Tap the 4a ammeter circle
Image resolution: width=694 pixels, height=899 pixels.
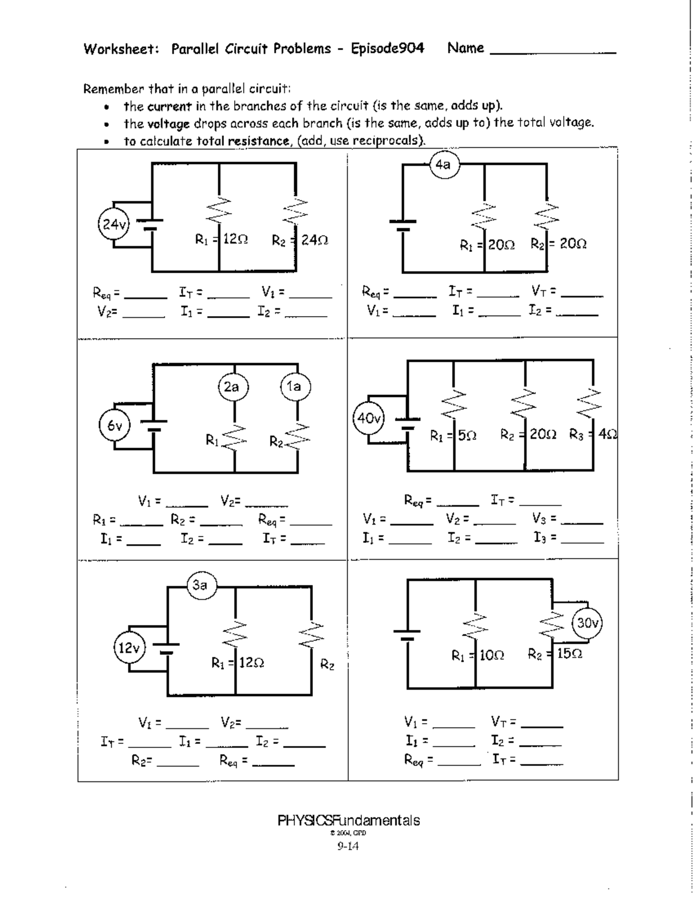pos(444,165)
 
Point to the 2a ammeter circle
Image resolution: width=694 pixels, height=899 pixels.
pos(232,387)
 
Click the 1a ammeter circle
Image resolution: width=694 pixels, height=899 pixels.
pos(295,387)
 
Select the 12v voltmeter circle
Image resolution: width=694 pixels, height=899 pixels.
pos(129,647)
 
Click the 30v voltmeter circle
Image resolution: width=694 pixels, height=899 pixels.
pos(588,623)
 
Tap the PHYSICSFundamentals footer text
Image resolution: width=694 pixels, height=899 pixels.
pos(349,820)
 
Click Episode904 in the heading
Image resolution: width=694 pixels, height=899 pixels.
pos(387,49)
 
